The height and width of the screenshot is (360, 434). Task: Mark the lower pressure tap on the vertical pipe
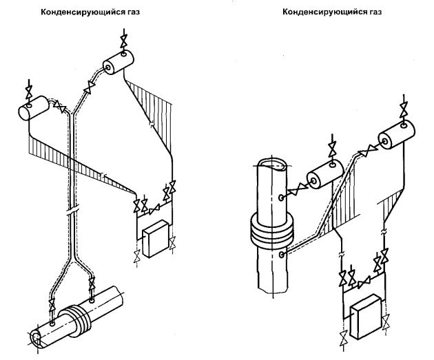(x=282, y=254)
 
